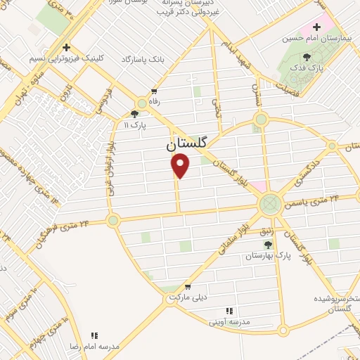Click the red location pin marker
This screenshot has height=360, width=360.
click(181, 166)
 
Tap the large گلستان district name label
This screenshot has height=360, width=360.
click(187, 143)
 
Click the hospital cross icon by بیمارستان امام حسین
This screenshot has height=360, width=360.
click(317, 27)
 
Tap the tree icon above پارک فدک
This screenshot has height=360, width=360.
click(307, 58)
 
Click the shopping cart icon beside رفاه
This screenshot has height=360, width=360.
click(154, 92)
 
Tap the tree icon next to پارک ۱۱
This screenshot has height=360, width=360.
click(135, 113)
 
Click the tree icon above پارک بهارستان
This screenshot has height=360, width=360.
click(267, 243)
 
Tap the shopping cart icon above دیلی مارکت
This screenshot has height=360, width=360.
click(188, 287)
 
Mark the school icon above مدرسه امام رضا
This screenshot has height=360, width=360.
click(94, 335)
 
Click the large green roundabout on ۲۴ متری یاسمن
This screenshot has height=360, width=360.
click(269, 205)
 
